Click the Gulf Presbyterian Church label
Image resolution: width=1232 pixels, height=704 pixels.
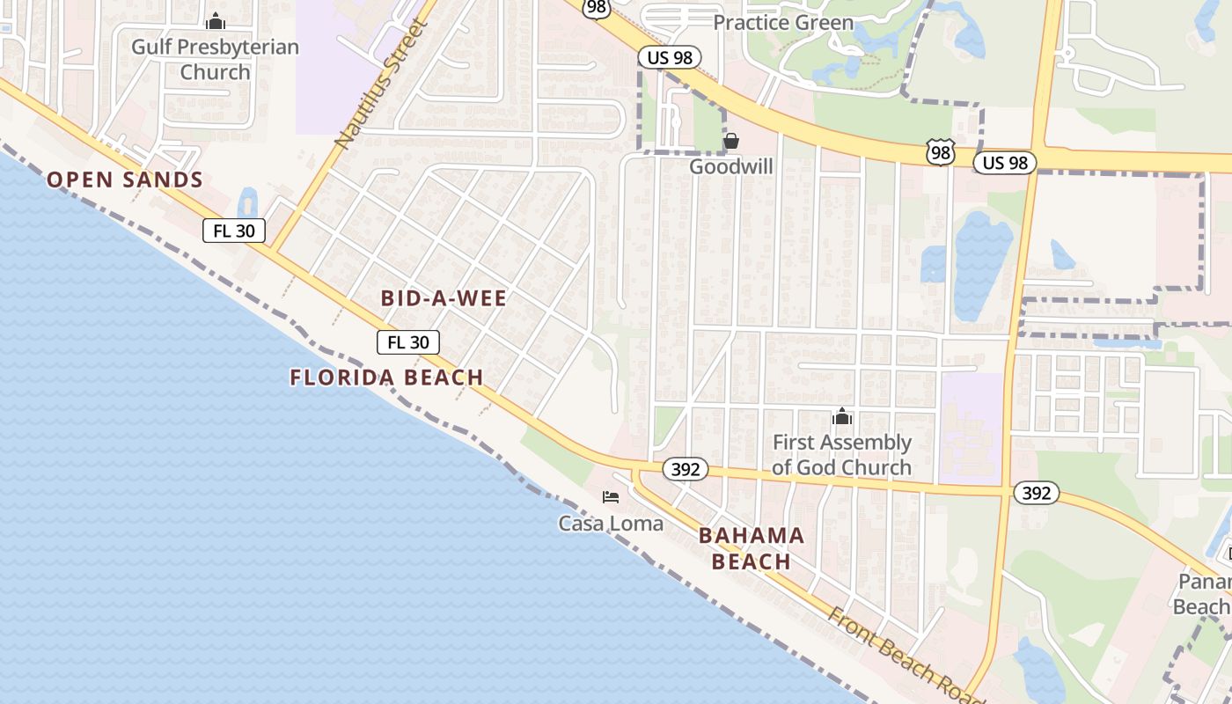pyautogui.click(x=215, y=59)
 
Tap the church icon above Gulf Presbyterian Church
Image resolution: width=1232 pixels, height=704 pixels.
pyautogui.click(x=215, y=22)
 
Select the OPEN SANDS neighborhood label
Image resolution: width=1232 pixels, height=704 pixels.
pyautogui.click(x=125, y=180)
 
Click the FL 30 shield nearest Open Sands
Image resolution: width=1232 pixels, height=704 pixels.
pyautogui.click(x=234, y=231)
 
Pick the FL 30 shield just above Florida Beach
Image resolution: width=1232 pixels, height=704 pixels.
pyautogui.click(x=408, y=342)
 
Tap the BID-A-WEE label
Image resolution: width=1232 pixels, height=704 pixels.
pyautogui.click(x=444, y=298)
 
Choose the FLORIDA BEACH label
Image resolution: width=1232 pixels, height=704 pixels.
pyautogui.click(x=387, y=378)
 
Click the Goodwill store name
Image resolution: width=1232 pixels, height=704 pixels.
pyautogui.click(x=731, y=166)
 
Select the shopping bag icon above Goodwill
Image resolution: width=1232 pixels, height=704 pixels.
pyautogui.click(x=730, y=141)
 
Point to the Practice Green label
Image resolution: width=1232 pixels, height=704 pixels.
pyautogui.click(x=783, y=23)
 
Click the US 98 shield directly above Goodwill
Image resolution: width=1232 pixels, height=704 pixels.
pyautogui.click(x=670, y=58)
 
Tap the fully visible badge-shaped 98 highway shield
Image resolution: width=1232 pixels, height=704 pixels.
pyautogui.click(x=941, y=152)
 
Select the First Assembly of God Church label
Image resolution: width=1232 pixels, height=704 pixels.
pyautogui.click(x=841, y=455)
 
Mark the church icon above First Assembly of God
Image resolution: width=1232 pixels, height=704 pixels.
pyautogui.click(x=842, y=416)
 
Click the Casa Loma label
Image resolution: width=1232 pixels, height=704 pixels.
pyautogui.click(x=611, y=524)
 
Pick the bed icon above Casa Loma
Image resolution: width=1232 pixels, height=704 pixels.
pyautogui.click(x=611, y=497)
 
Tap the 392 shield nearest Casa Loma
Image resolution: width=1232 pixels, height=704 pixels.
pyautogui.click(x=685, y=470)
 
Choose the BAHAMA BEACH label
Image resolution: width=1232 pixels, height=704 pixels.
pyautogui.click(x=751, y=548)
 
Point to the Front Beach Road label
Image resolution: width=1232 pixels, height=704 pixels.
pyautogui.click(x=907, y=652)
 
